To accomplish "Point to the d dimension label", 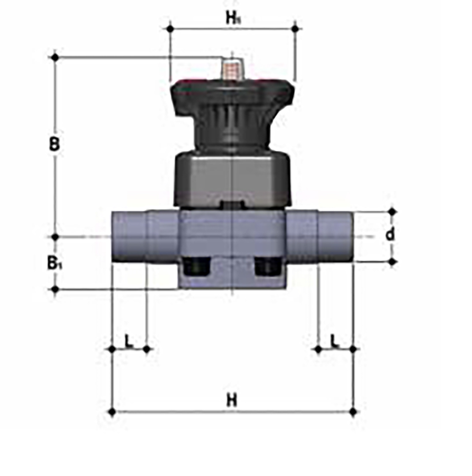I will (x=390, y=235).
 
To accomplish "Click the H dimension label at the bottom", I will (x=232, y=400).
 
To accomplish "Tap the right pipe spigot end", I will (x=336, y=237).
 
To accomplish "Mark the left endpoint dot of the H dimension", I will (x=112, y=411).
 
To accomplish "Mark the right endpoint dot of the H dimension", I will (x=353, y=411).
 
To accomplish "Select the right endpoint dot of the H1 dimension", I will (x=295, y=28).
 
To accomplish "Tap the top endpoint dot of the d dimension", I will (x=392, y=211).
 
